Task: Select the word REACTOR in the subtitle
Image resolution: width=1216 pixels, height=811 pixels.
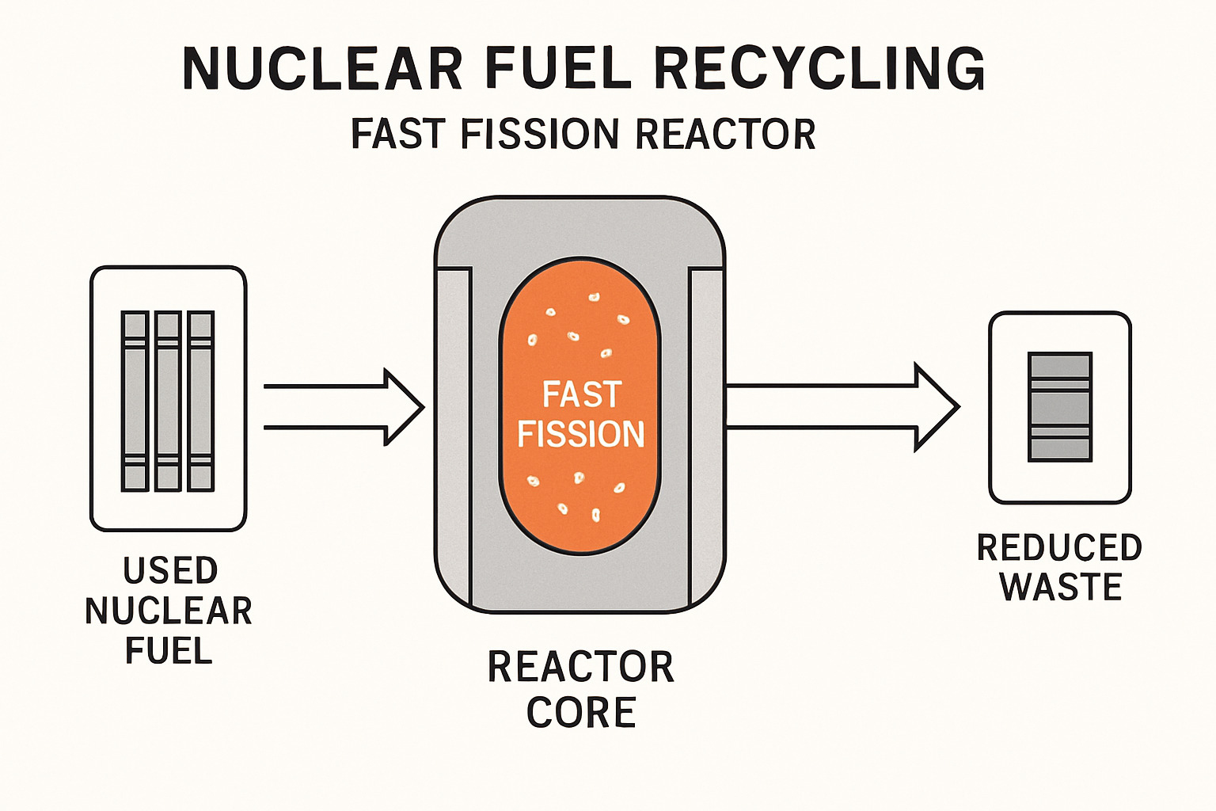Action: tap(725, 134)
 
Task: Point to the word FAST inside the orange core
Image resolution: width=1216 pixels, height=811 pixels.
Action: tap(581, 394)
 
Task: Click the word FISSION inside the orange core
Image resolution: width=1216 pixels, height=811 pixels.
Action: tap(581, 434)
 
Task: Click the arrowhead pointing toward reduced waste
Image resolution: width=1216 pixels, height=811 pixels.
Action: tap(937, 407)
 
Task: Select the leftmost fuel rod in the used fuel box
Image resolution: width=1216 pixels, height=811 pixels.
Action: tap(135, 401)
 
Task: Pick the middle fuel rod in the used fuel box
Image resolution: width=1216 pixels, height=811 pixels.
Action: tap(168, 401)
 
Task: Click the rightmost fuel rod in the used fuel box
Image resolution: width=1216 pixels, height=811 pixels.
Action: tap(200, 401)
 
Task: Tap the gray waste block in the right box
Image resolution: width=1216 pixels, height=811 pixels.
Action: tap(1059, 407)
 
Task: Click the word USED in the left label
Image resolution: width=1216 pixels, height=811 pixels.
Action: tap(170, 571)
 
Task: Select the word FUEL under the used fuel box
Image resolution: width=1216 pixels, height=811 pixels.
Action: tap(169, 651)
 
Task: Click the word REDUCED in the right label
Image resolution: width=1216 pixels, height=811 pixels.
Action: tap(1059, 548)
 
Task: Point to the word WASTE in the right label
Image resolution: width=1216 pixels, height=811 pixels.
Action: tap(1060, 588)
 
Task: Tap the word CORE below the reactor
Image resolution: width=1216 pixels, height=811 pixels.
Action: tap(581, 713)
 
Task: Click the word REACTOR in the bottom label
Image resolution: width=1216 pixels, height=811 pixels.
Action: tap(581, 667)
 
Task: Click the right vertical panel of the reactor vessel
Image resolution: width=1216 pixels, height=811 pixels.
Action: tap(706, 436)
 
